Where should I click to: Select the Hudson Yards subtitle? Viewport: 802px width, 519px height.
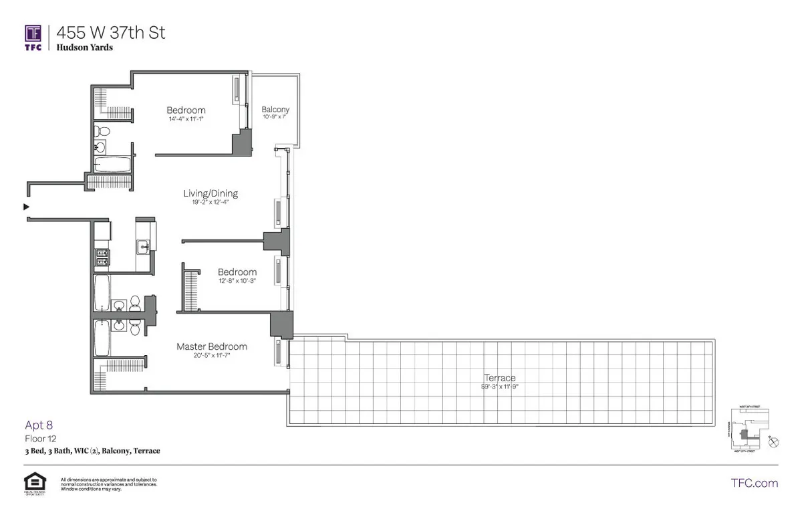click(85, 47)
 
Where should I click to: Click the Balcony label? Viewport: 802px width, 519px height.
click(275, 110)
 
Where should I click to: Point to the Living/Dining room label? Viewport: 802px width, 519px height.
click(211, 194)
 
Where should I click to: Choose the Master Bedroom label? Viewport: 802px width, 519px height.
click(212, 346)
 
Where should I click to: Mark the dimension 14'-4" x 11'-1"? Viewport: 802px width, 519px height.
click(186, 119)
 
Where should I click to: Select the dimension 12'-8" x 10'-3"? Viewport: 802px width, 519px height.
click(237, 281)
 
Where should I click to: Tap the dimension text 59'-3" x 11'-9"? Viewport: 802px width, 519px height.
click(500, 387)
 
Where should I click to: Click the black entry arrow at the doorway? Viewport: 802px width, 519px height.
click(27, 207)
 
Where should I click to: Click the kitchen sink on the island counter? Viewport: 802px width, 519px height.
click(145, 247)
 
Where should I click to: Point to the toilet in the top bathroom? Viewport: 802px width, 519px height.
click(98, 130)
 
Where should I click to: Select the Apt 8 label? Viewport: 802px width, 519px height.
click(39, 425)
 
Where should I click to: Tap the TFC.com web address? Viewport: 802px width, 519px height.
click(755, 483)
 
